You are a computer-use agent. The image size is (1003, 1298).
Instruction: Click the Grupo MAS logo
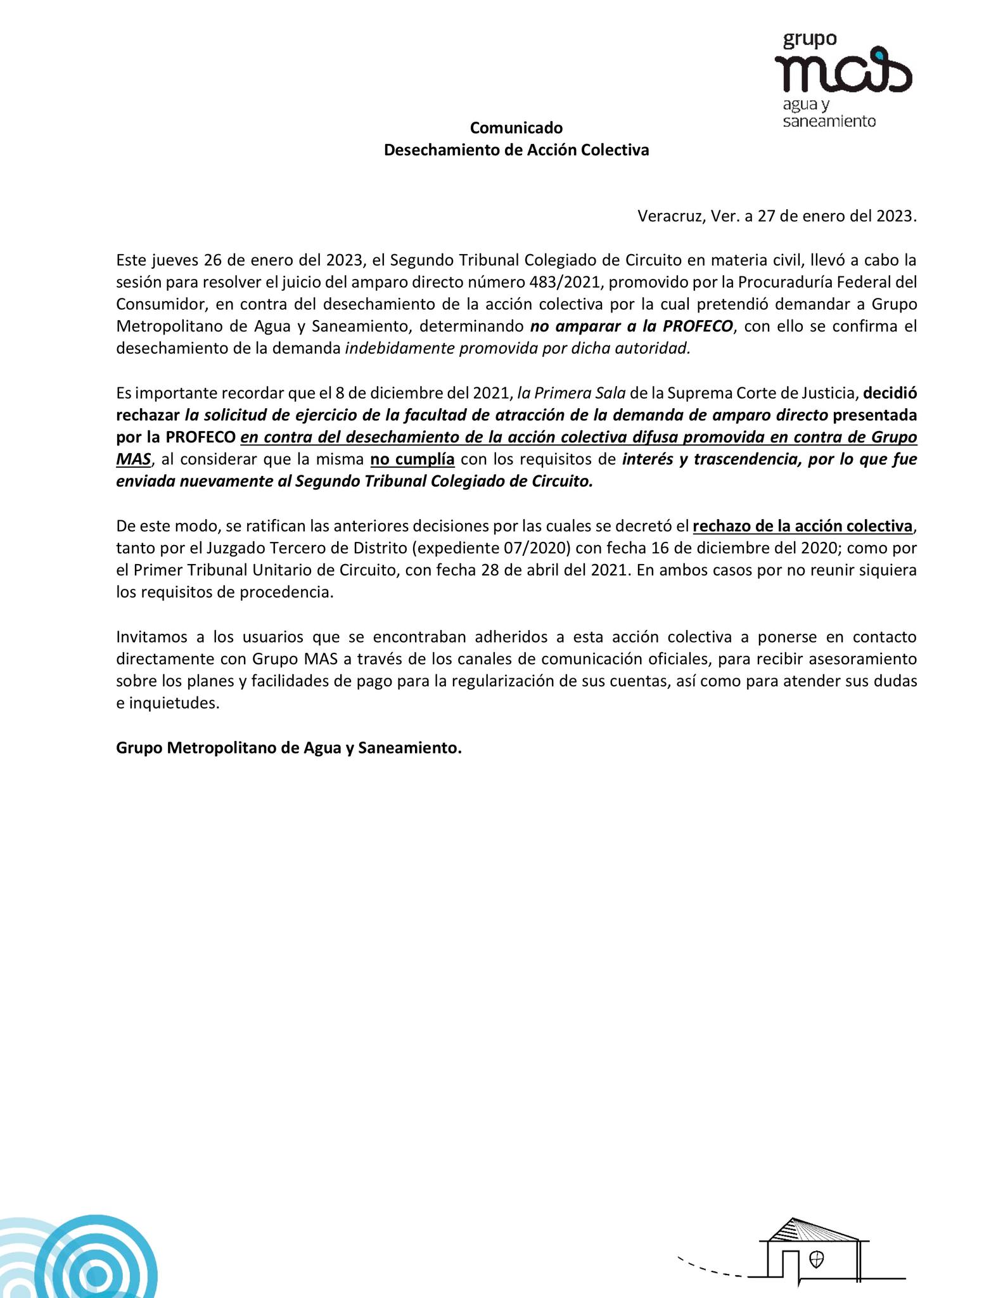842,79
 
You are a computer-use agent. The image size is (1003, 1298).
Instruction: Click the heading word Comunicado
516,128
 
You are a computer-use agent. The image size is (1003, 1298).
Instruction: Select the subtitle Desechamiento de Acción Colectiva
516,151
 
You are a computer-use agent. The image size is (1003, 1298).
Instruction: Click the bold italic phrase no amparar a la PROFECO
631,326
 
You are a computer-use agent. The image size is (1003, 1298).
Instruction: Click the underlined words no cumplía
412,459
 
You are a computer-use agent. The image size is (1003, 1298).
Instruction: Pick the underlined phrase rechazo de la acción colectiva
803,526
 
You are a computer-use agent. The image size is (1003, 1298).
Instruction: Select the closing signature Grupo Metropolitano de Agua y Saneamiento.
289,748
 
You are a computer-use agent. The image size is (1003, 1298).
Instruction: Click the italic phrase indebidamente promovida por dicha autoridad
517,349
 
